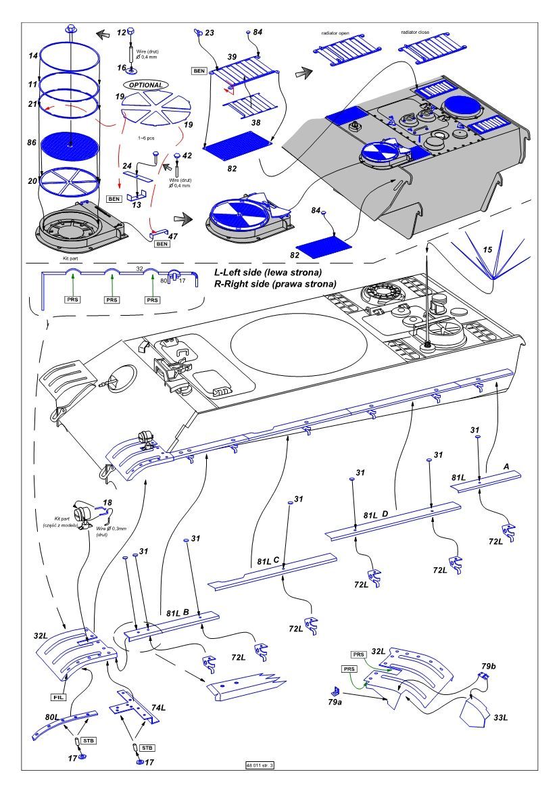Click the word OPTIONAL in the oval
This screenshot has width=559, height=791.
144,85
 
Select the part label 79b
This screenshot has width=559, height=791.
489,667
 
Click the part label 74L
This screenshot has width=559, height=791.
160,706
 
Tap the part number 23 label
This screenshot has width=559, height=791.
210,32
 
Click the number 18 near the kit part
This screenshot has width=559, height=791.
107,502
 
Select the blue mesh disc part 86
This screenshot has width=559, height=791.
71,145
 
